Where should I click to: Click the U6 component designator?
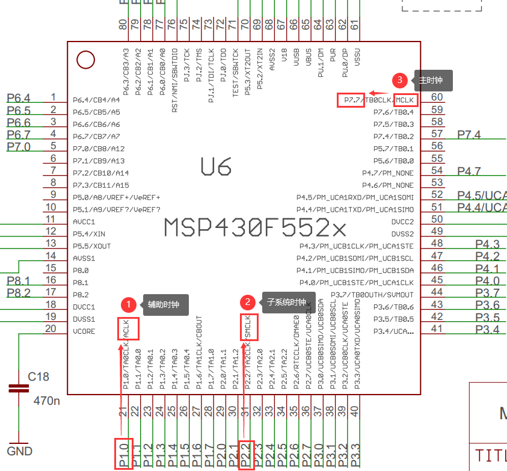coord(216,167)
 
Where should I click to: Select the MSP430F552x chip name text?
coord(255,228)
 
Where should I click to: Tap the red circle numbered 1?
coord(128,304)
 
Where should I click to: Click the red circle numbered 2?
coord(247,302)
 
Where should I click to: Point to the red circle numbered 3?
coord(399,80)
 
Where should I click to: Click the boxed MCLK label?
coord(405,100)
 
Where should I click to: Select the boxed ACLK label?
coord(128,328)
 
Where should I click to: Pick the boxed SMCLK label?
coord(248,327)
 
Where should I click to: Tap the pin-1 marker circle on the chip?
coord(86,60)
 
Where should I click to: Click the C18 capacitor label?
coord(38,377)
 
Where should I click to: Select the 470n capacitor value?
coord(46,400)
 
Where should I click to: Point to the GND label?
coord(19,451)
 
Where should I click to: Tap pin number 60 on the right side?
coord(437,97)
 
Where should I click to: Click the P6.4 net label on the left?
coord(18,98)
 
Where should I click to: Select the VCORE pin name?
coord(84,331)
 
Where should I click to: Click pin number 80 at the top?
coord(123,25)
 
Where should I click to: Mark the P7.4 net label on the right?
coord(469,135)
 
